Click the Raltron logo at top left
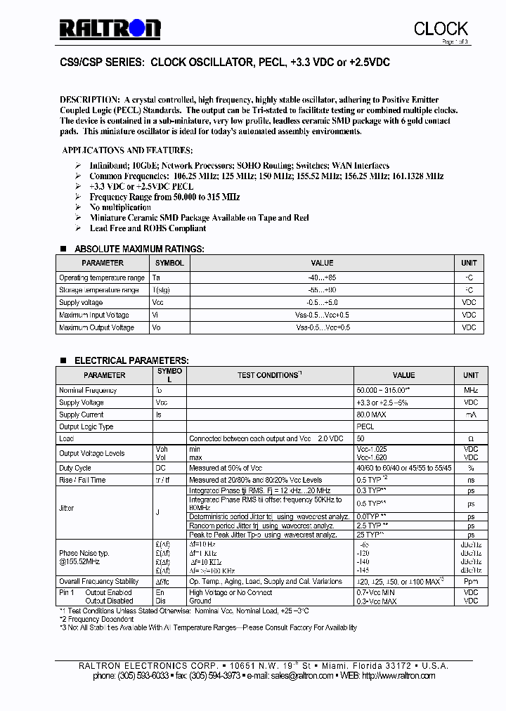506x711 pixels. click(x=110, y=28)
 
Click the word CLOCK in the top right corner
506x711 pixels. click(x=441, y=28)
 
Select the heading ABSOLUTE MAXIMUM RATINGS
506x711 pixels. click(x=139, y=249)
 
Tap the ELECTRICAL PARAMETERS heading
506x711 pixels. click(x=131, y=360)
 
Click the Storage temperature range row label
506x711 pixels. click(x=99, y=289)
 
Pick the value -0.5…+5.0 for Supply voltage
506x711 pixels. click(x=321, y=302)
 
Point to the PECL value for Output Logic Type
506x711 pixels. click(x=365, y=426)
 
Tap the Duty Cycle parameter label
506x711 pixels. click(x=75, y=468)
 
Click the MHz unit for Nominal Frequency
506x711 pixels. click(x=470, y=390)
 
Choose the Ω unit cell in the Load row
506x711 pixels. click(x=470, y=438)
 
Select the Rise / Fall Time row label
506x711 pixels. click(x=82, y=480)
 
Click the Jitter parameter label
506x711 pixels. click(x=67, y=509)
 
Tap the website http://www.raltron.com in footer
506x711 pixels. click(x=398, y=676)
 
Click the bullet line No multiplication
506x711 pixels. click(x=120, y=207)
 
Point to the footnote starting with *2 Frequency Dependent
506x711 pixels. click(x=97, y=619)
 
